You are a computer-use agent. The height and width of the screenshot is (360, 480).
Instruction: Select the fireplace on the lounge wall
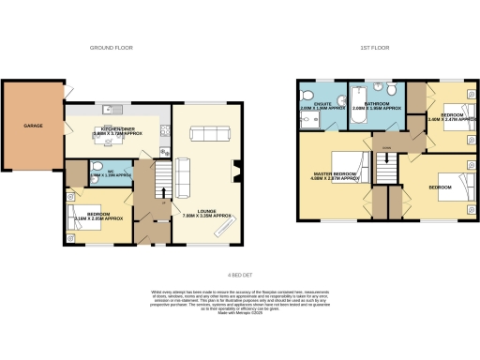(235, 170)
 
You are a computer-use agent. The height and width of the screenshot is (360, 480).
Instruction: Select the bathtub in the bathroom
(362, 97)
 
